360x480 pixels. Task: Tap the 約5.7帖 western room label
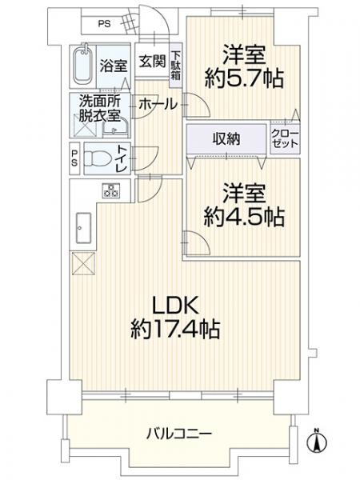pyautogui.click(x=244, y=68)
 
